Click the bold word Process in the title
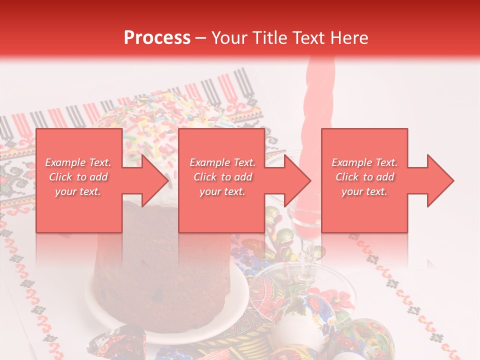(x=157, y=37)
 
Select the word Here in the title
(x=348, y=37)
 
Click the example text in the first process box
(x=78, y=177)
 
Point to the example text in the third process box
(x=364, y=177)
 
